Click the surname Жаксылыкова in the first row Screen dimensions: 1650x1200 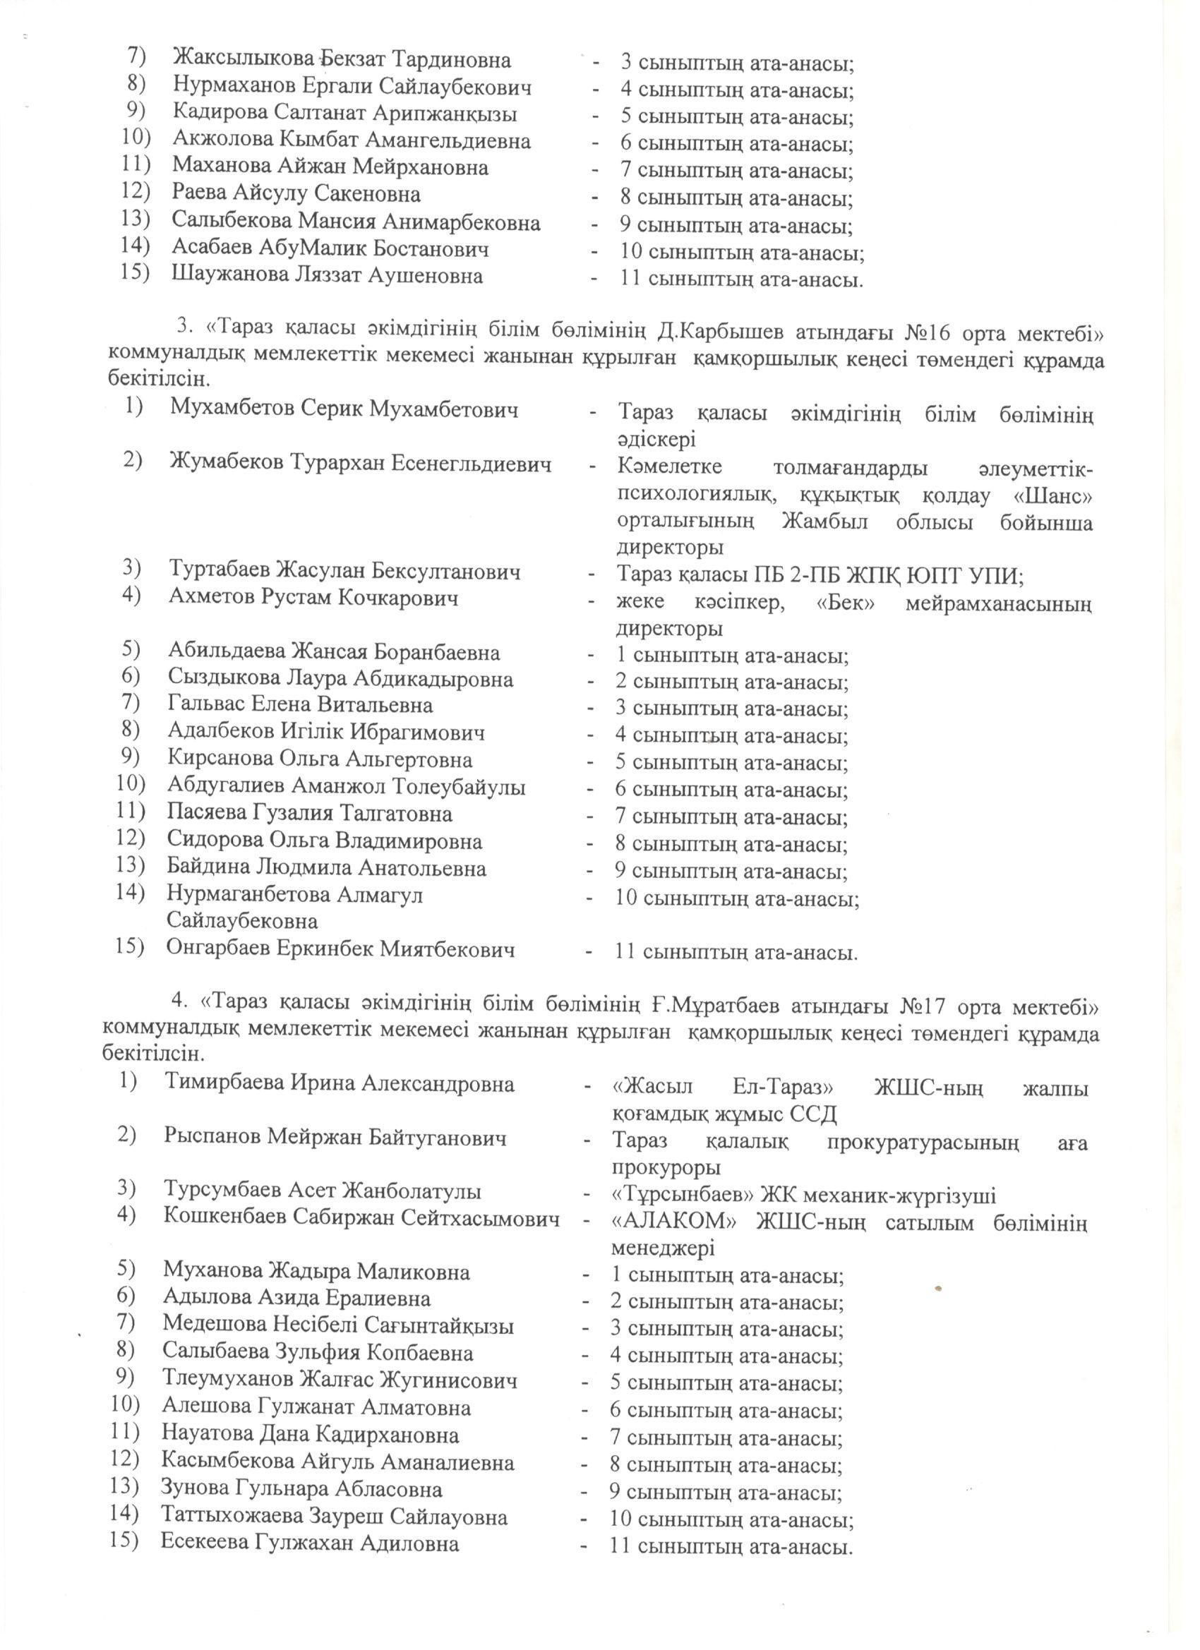point(246,60)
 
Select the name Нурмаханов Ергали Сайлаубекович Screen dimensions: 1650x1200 point(352,88)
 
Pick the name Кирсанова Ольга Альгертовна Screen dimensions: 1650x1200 point(320,759)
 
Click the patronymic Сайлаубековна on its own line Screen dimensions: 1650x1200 point(242,921)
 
